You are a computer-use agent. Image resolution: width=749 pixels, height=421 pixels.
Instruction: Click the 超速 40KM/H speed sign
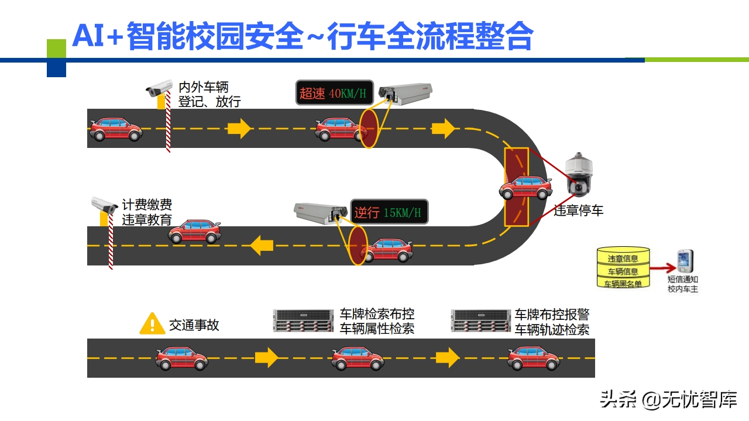point(334,92)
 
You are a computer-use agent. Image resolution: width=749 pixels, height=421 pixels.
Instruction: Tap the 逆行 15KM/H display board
point(389,212)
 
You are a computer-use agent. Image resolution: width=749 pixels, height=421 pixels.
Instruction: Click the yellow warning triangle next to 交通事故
point(152,323)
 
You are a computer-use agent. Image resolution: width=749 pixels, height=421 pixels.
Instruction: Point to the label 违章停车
point(578,210)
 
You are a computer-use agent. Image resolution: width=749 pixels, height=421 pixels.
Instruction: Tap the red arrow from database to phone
point(662,269)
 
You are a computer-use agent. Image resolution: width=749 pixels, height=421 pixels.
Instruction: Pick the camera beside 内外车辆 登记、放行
point(159,89)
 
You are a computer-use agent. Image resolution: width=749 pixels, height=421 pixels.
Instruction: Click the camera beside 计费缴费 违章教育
point(104,206)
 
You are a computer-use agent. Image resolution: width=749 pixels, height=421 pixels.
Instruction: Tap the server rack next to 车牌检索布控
point(303,320)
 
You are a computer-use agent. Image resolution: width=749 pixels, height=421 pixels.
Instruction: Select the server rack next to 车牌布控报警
point(480,320)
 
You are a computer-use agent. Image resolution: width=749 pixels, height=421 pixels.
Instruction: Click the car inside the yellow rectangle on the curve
point(525,187)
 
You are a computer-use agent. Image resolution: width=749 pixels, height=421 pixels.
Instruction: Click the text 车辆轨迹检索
point(552,329)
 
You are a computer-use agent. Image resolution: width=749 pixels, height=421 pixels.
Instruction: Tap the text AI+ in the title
point(97,36)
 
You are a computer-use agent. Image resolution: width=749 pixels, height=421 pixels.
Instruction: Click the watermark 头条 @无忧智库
point(668,399)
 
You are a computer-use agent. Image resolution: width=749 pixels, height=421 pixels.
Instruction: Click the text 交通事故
point(194,325)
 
